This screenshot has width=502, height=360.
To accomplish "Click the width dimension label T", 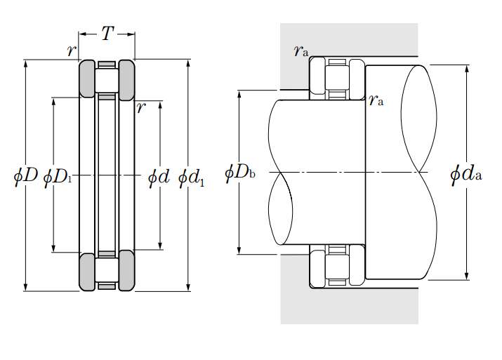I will [x=107, y=34].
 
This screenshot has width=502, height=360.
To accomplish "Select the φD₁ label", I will [x=58, y=176].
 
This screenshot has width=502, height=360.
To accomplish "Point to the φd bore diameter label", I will [x=159, y=176].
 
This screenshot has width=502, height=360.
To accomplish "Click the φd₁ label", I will [x=192, y=176].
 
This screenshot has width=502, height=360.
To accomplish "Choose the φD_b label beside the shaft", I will [x=239, y=173].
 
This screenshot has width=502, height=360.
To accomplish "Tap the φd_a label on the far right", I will [x=466, y=173].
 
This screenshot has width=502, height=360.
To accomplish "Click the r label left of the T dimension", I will [x=70, y=51].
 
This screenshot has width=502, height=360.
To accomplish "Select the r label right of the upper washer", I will [x=141, y=107].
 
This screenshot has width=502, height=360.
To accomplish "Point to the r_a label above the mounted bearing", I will [x=301, y=51].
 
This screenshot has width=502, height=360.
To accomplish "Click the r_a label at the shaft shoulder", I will [x=376, y=100].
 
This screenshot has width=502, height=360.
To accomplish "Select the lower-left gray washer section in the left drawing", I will [x=87, y=269].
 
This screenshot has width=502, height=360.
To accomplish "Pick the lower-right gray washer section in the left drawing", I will [x=126, y=269].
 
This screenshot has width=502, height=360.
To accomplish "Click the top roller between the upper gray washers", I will [x=107, y=81].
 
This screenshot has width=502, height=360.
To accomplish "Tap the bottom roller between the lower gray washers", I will [x=107, y=268].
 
